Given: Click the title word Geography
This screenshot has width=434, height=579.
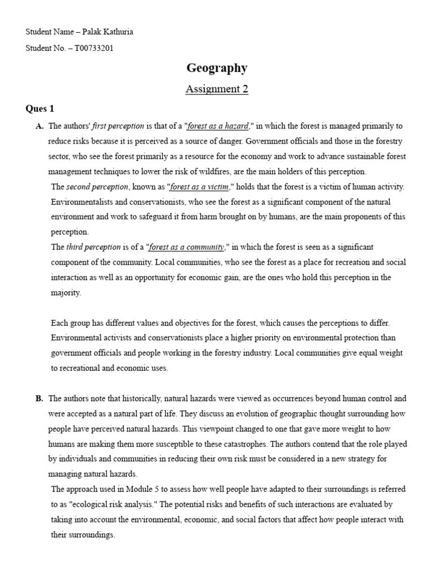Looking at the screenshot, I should tap(217, 68).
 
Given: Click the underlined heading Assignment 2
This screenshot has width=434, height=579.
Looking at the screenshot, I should tap(217, 89).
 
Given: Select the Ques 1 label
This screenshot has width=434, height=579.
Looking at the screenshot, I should tap(40, 108).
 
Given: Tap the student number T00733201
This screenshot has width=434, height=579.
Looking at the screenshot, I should tap(91, 48).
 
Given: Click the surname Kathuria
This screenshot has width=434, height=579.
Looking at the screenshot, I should tap(116, 32).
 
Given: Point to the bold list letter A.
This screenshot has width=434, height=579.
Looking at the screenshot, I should tap(40, 126).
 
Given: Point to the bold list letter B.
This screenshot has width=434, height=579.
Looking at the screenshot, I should tap(40, 399).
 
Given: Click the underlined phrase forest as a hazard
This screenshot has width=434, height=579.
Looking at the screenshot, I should tap(218, 126).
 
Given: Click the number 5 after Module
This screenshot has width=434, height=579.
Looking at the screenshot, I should tap(170, 489).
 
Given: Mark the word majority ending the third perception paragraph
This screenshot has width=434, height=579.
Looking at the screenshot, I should tap(66, 293).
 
